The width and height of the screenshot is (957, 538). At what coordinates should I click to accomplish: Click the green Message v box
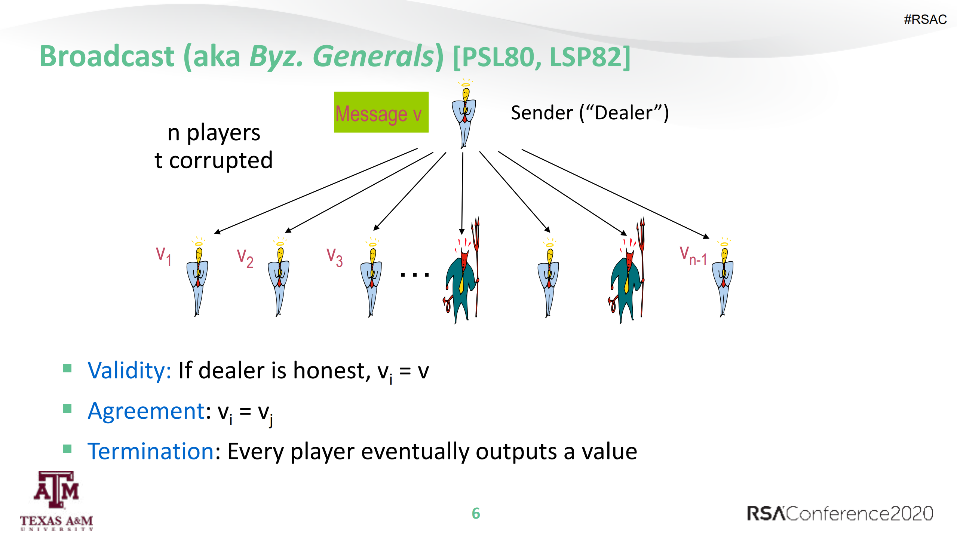381,112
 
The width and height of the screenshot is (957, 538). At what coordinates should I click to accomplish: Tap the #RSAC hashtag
925,19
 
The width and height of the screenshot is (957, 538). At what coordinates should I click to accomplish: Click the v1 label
164,256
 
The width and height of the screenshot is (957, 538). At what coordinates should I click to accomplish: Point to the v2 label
245,258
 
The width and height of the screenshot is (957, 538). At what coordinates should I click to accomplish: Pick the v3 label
335,257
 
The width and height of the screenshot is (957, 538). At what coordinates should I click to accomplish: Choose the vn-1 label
693,256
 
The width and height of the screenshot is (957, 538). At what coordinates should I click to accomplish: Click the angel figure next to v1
197,277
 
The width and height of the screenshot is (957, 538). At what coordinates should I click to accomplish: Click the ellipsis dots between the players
415,275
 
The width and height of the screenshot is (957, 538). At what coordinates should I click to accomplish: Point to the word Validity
129,371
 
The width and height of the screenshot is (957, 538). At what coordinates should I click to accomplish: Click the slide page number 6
476,513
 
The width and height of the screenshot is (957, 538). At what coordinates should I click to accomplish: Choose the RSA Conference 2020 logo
840,513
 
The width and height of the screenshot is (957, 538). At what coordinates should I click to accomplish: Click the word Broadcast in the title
107,56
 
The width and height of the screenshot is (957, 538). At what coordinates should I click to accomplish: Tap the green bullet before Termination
67,449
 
